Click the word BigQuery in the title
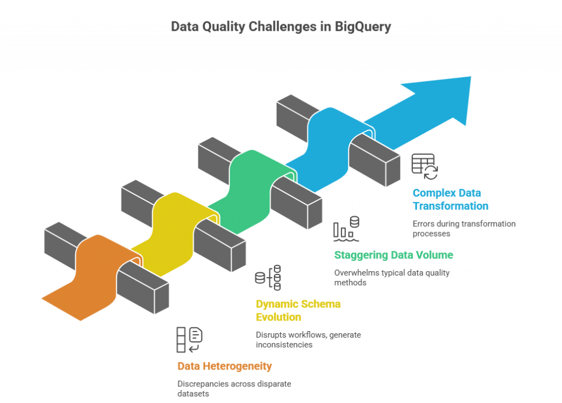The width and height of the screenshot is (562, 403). tap(363, 27)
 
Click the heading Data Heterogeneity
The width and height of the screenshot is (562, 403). tap(225, 366)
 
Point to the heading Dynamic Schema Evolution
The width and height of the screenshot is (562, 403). tap(298, 310)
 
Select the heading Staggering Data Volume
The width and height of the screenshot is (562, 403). tap(394, 255)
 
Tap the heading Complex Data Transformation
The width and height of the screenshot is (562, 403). tap(451, 199)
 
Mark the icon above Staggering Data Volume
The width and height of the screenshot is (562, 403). tap(346, 228)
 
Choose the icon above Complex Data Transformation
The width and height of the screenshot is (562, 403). tap(425, 166)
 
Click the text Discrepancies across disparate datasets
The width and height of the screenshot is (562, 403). tap(234, 389)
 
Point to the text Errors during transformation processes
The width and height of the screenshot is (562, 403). tap(464, 228)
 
